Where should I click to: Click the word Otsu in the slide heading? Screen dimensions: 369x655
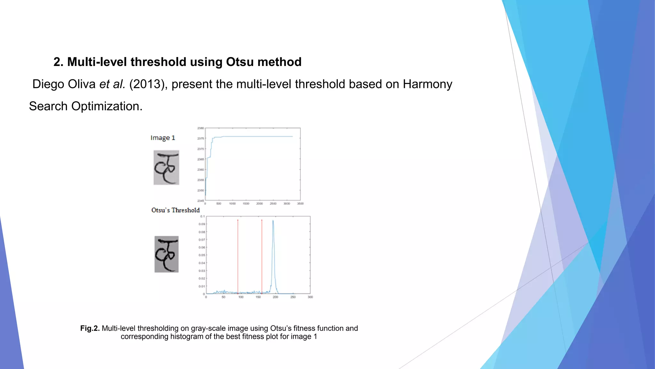240,62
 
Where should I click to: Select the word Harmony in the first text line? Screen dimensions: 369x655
427,84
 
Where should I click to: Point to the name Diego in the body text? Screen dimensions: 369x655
48,84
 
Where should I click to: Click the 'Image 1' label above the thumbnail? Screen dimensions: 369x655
163,138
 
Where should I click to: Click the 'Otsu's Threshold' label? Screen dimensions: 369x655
175,210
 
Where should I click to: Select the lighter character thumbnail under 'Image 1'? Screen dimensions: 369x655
166,168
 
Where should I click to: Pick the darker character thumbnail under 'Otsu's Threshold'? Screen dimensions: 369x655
167,254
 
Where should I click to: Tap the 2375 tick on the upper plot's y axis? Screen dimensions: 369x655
201,139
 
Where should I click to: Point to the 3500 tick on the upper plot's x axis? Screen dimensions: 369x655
300,204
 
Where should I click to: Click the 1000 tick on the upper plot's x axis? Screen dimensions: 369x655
233,204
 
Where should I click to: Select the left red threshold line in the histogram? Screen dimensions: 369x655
238,256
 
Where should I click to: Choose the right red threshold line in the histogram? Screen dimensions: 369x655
262,256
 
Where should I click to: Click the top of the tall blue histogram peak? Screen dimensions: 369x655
273,221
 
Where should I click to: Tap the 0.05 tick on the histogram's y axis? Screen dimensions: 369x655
201,255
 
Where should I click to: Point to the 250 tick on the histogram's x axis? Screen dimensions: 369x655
293,297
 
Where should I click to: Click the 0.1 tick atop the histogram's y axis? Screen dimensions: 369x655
202,217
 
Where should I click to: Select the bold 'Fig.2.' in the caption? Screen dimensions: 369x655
90,328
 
